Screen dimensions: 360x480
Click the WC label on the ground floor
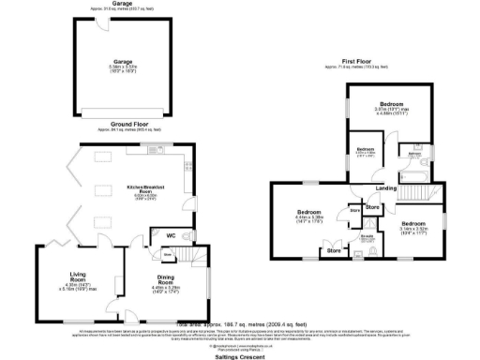(x=171, y=234)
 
